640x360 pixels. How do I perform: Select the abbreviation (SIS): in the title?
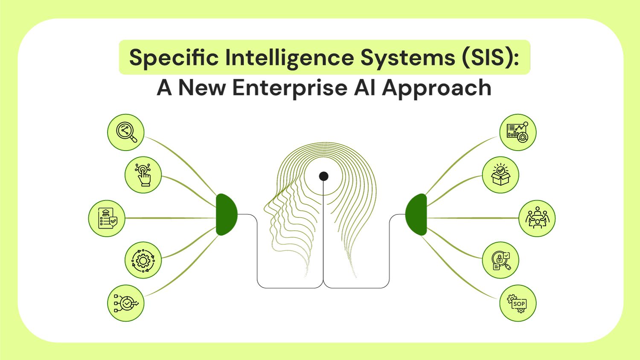click(489, 58)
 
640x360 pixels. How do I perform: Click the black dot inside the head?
click(324, 176)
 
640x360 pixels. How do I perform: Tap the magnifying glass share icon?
click(126, 132)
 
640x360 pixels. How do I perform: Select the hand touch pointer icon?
click(143, 175)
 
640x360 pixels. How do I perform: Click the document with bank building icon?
click(107, 218)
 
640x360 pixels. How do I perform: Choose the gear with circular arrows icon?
click(143, 260)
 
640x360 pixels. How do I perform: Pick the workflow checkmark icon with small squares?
click(126, 303)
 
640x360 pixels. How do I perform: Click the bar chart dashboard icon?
click(518, 132)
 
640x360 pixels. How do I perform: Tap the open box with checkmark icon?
click(500, 175)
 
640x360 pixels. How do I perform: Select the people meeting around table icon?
click(537, 218)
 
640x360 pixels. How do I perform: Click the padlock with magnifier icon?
click(500, 260)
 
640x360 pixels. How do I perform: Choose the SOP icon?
click(518, 303)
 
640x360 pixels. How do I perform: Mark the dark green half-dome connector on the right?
click(416, 215)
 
